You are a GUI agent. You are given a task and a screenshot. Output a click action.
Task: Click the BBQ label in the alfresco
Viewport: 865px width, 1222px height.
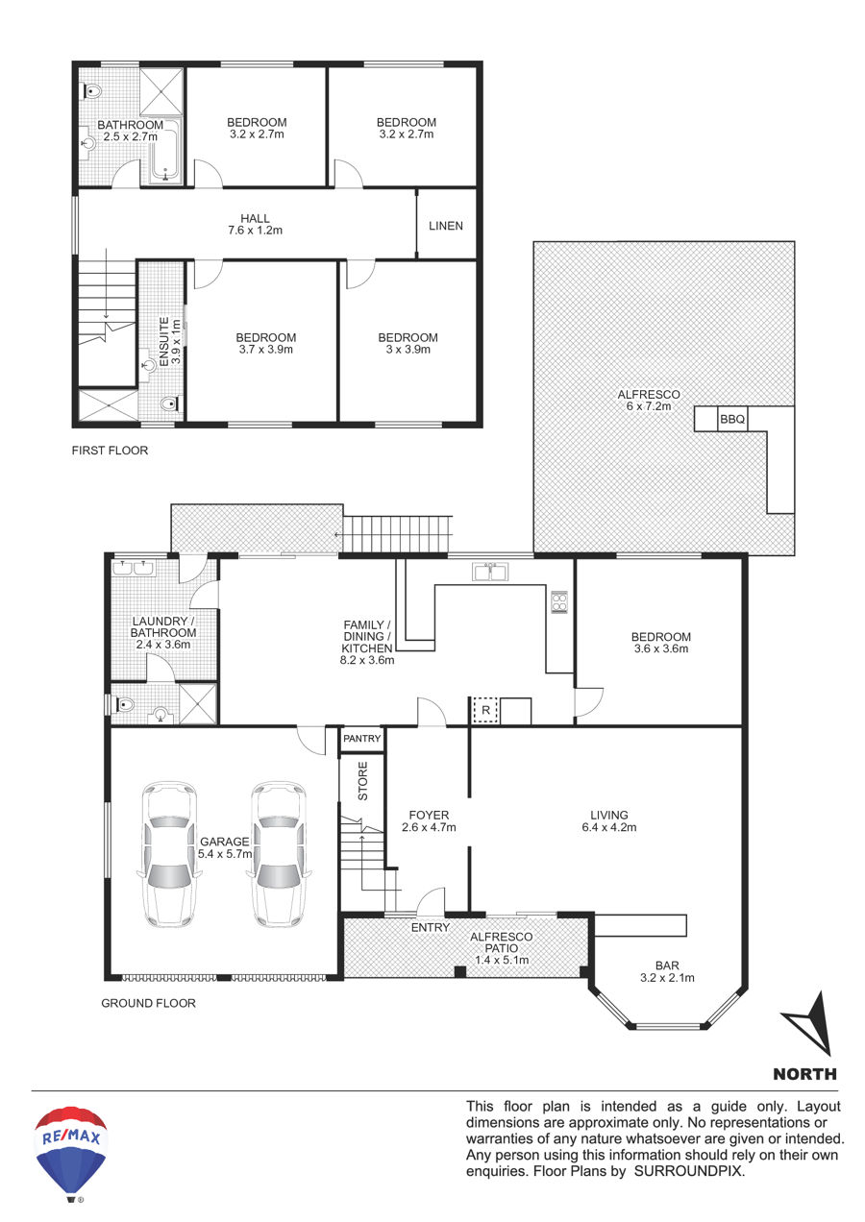coord(731,419)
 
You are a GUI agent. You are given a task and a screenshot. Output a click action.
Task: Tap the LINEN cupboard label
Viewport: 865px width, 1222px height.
coord(445,226)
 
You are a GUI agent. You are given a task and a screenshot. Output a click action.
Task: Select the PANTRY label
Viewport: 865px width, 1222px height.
coord(361,738)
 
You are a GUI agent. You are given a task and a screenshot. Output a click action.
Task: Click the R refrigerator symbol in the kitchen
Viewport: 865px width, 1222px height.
coord(485,710)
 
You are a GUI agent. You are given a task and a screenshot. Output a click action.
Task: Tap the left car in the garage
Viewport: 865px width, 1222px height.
coord(168,854)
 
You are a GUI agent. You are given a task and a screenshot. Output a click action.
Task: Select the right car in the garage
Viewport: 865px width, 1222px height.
coord(279,854)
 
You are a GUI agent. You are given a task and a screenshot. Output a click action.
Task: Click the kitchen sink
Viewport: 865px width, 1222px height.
coord(490,572)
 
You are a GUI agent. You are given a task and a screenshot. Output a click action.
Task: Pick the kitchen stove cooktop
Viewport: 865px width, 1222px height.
coord(558,601)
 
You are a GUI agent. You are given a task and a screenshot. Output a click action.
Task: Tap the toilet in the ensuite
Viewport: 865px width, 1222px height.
coord(171,404)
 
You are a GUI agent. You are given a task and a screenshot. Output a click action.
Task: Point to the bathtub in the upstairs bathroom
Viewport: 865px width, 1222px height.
coord(164,150)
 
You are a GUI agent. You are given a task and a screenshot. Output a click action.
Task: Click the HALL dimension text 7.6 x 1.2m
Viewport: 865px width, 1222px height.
coord(255,231)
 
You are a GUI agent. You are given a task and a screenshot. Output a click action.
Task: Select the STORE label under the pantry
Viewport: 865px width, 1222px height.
coord(362,781)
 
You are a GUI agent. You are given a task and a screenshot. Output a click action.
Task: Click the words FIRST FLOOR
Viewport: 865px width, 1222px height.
coord(110,450)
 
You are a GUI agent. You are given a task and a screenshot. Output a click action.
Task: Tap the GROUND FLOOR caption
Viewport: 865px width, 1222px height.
coord(148,1003)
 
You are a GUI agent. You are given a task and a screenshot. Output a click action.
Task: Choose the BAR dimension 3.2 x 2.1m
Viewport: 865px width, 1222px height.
coord(667,978)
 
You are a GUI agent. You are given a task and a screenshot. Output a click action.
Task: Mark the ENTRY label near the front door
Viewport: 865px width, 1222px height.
coord(430,927)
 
